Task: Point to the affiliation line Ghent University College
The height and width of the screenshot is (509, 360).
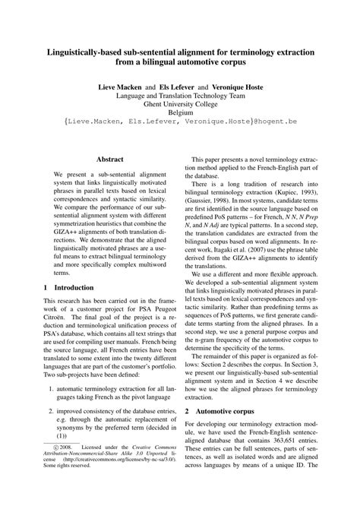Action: (x=180, y=109)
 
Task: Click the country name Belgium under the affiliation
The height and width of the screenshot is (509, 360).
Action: (x=180, y=119)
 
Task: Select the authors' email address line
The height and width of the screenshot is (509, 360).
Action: (x=180, y=131)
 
